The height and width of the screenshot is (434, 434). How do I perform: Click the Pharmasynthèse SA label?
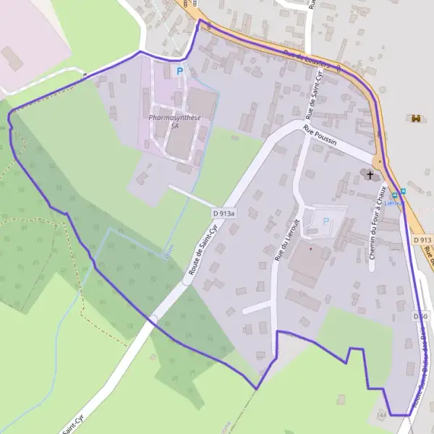[174, 121]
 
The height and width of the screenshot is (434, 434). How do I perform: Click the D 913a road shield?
[225, 214]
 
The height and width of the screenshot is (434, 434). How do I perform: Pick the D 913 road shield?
[422, 239]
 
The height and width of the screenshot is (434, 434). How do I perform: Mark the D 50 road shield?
[421, 316]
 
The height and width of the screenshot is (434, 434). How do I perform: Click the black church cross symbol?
[371, 174]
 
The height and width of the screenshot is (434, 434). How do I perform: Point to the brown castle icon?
[415, 118]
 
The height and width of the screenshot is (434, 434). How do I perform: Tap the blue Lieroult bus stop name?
[394, 204]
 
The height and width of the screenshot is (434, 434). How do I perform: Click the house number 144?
[382, 416]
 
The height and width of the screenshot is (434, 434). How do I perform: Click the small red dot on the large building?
[311, 248]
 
